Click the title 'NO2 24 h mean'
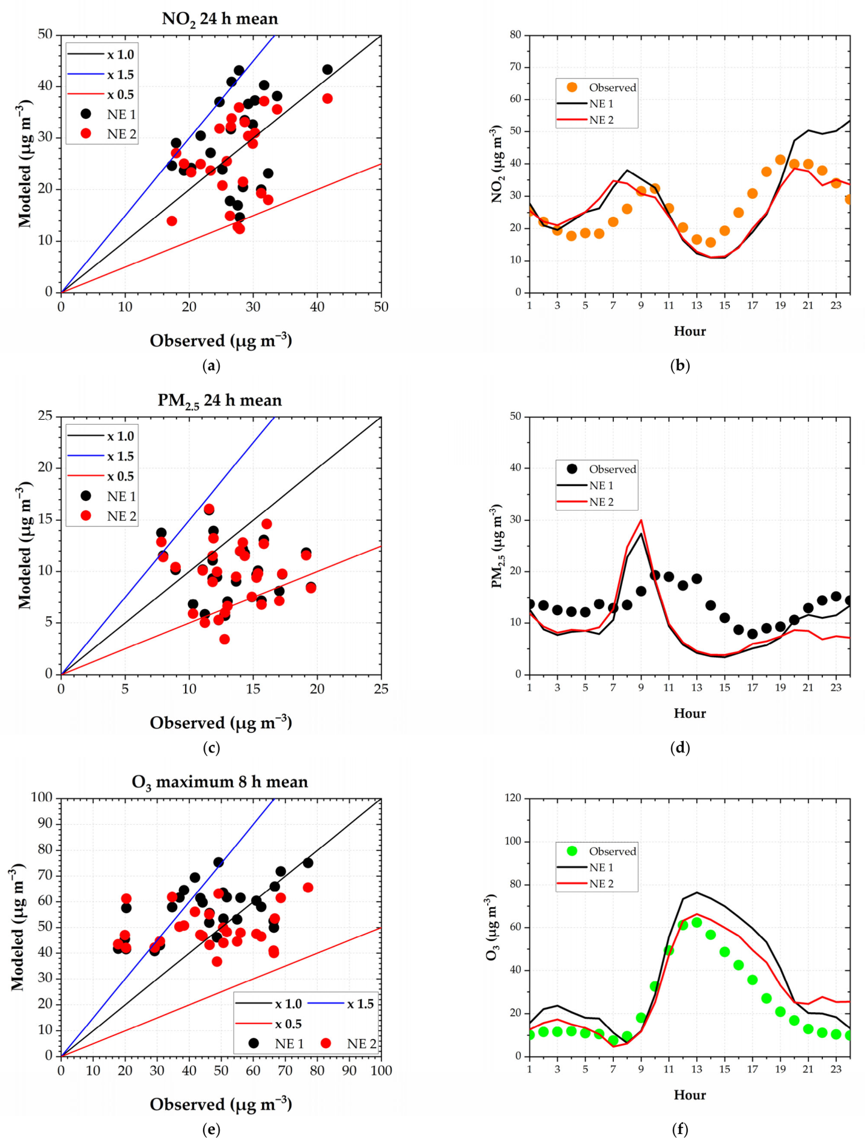click(220, 19)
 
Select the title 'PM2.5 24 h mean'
click(220, 401)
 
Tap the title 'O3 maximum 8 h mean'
click(220, 782)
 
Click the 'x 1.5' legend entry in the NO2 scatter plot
click(100, 74)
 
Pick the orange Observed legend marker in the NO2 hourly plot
click(572, 87)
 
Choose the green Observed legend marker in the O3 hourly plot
click(572, 850)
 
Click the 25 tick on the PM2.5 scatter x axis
click(381, 689)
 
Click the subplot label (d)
click(680, 747)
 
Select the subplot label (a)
click(211, 365)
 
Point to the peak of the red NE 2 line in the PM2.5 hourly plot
click(641, 520)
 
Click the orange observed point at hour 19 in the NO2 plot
click(780, 160)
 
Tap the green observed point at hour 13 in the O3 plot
click(697, 923)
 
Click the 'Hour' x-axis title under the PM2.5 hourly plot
click(690, 713)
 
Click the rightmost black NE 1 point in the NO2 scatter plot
click(327, 70)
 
